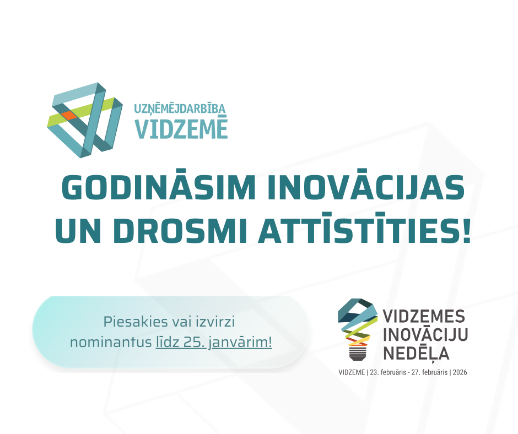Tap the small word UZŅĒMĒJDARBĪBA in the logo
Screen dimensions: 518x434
click(180, 109)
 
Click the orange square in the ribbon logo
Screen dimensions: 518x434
click(69, 116)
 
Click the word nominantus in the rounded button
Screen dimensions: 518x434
click(111, 342)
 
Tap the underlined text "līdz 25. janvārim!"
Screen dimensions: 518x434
click(214, 342)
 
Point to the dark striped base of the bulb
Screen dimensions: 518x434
click(358, 352)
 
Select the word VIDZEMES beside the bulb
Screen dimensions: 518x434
click(424, 317)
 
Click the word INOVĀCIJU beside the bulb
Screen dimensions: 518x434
click(425, 334)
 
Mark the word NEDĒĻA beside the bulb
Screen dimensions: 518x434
click(416, 352)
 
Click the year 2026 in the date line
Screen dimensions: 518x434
click(460, 372)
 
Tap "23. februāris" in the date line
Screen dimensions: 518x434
click(388, 372)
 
